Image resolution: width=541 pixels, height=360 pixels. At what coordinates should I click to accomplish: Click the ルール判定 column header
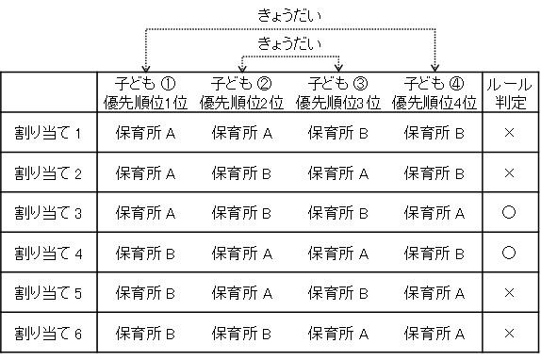[509, 91]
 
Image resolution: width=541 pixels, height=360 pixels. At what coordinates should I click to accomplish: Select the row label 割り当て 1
[49, 133]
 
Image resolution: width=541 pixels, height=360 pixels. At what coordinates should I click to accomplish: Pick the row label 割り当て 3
[49, 213]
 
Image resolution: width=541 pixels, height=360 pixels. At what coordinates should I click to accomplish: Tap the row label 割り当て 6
[49, 333]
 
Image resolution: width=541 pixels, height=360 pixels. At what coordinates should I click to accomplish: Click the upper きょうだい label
[289, 16]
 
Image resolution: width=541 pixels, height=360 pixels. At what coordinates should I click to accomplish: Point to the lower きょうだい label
[289, 44]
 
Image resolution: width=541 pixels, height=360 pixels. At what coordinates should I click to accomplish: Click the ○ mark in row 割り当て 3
[509, 213]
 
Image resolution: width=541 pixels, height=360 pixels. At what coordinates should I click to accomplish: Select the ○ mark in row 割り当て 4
[509, 253]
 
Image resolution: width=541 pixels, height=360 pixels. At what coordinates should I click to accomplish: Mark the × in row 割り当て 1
[509, 133]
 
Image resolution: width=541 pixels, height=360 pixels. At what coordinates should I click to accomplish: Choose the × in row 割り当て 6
[509, 333]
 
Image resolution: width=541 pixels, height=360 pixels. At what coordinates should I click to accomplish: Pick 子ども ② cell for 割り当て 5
[241, 293]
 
